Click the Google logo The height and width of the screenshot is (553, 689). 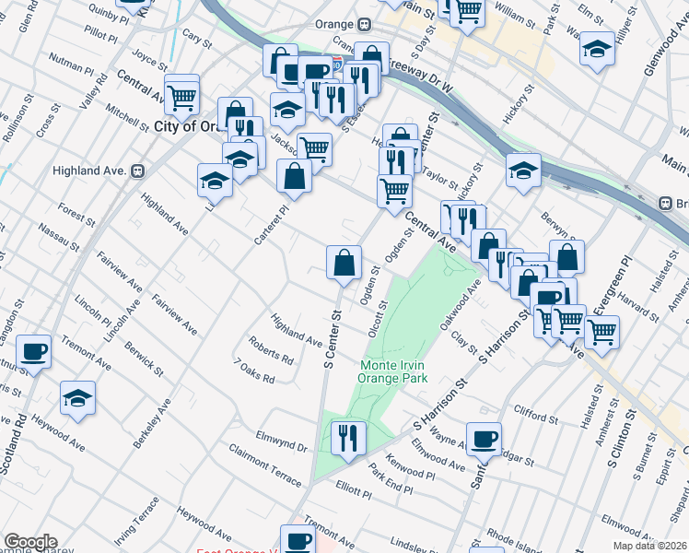(x=29, y=542)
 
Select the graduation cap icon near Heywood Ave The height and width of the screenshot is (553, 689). (x=78, y=399)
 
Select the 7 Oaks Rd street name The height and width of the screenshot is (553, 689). (x=255, y=371)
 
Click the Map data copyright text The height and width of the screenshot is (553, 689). (x=649, y=546)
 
